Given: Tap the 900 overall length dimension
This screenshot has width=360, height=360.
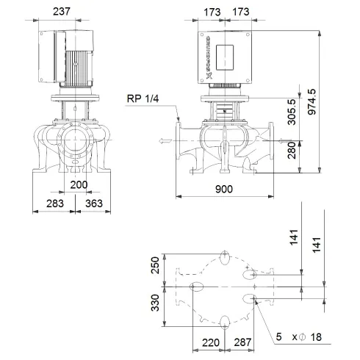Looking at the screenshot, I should tap(224, 190).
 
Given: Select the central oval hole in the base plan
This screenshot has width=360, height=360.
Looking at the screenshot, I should tap(198, 286).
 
